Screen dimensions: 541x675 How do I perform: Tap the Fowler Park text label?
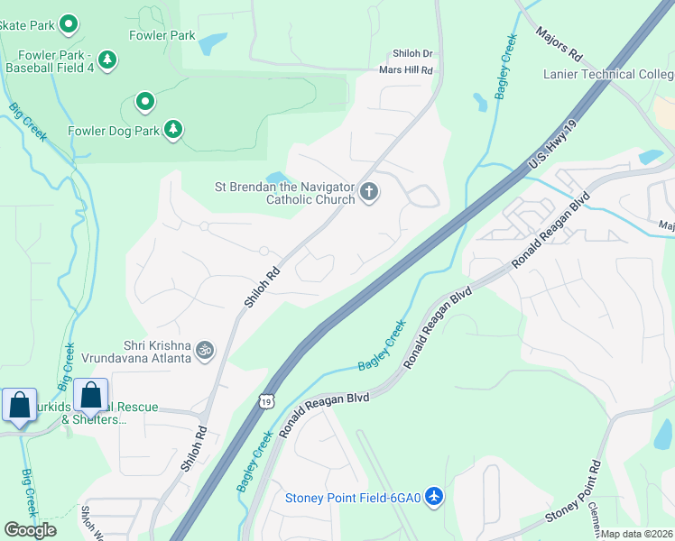162,36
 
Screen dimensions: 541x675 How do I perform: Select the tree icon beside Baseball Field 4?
107,60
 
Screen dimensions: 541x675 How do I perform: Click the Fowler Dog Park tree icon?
172,131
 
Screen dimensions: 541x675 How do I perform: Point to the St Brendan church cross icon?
368,191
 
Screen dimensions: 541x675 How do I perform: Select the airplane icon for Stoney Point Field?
434,497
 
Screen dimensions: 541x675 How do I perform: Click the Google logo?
30,530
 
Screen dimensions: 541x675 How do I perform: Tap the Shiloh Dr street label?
412,54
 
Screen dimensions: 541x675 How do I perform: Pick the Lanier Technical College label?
608,75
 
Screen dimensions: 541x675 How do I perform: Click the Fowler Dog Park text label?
114,131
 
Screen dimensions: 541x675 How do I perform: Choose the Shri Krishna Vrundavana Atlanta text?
135,351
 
